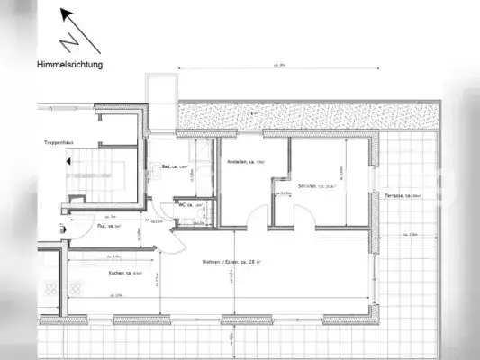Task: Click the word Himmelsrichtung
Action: pos(70,65)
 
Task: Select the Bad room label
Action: pos(174,166)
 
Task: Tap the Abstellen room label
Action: pos(246,163)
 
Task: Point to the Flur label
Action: pos(109,227)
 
